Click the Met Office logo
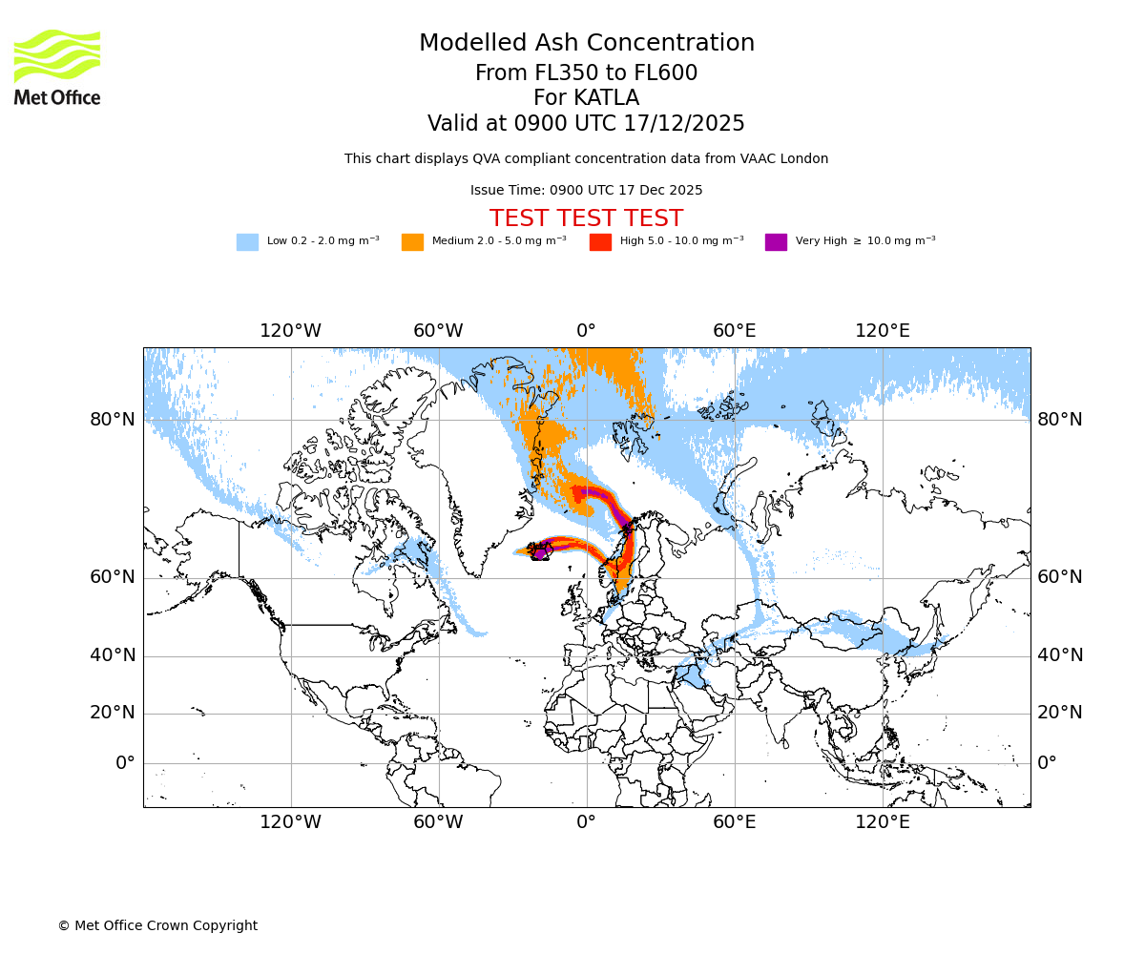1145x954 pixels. (x=57, y=67)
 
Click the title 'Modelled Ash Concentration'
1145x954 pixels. (x=586, y=44)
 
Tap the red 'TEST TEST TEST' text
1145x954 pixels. (x=586, y=218)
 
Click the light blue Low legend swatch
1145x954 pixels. (x=247, y=241)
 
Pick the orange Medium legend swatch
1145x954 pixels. (x=412, y=241)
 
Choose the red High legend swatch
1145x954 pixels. (x=600, y=241)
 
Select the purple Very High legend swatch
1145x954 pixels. (x=776, y=241)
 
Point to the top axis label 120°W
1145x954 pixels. (x=290, y=331)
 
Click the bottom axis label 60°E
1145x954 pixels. (x=734, y=822)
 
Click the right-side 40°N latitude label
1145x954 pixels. (x=1060, y=655)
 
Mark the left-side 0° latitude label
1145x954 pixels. (x=125, y=763)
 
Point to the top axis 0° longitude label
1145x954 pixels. (x=586, y=331)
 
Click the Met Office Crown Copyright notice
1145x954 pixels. (x=157, y=925)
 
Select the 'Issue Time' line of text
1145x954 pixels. (x=586, y=190)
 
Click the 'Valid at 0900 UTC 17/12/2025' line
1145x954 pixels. (x=586, y=124)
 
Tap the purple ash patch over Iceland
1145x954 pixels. (x=540, y=551)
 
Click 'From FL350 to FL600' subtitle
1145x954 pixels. (x=586, y=73)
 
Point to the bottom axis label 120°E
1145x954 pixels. (x=882, y=822)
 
